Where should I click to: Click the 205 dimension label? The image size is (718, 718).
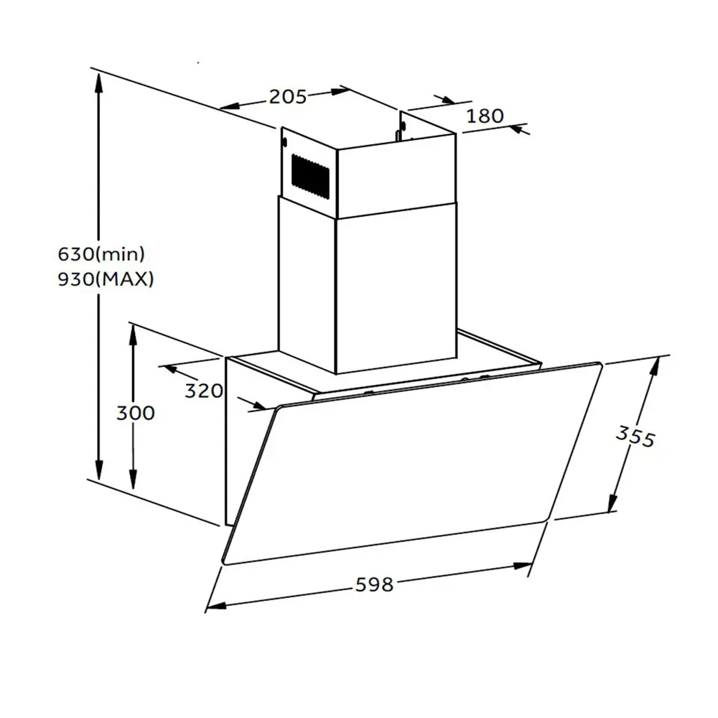[288, 96]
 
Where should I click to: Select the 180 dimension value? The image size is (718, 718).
[485, 116]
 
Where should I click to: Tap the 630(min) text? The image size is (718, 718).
[101, 253]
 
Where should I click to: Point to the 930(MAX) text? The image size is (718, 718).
[106, 279]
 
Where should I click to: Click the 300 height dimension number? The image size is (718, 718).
[134, 413]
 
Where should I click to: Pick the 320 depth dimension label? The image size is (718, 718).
[205, 391]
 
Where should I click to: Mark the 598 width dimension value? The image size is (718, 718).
[375, 584]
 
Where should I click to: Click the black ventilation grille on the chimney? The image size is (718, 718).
[310, 174]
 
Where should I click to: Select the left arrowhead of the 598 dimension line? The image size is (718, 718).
[215, 605]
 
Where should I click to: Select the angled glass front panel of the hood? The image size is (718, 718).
[409, 467]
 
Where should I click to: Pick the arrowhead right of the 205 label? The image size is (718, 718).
[338, 91]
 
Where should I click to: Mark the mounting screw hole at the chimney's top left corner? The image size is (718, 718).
[285, 141]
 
